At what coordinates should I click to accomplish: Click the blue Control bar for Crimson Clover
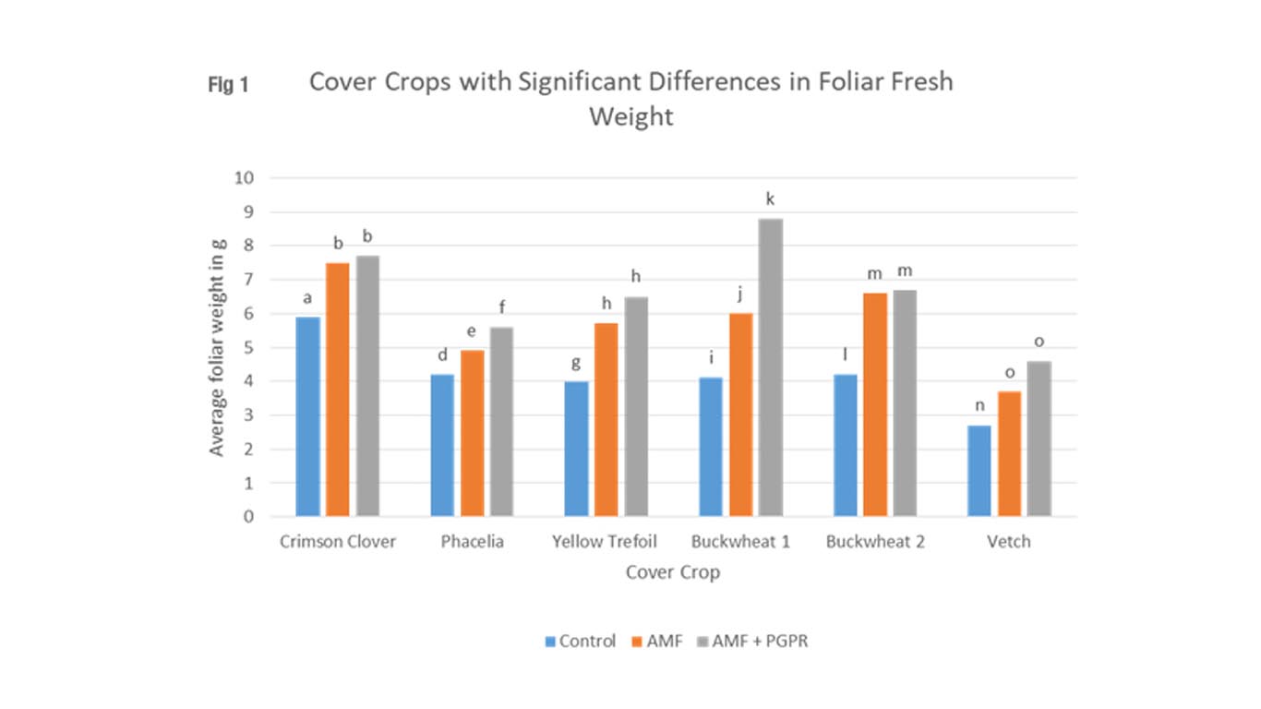click(307, 416)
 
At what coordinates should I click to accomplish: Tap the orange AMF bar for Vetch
click(1009, 453)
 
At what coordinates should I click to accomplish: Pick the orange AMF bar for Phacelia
click(472, 433)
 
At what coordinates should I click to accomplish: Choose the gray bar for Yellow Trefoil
click(636, 406)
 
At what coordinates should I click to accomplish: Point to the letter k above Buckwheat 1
click(770, 198)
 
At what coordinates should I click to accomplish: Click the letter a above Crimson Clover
click(307, 297)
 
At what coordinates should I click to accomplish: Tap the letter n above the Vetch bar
click(979, 405)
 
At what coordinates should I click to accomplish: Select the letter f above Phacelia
click(501, 306)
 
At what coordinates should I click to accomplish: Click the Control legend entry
click(580, 641)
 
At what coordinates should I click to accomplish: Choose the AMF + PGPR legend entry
click(751, 641)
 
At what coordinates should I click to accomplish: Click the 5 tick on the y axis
click(248, 348)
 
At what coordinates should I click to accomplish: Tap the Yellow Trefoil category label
click(605, 542)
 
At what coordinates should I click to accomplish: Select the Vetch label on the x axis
click(1008, 542)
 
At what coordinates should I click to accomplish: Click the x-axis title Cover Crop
click(672, 572)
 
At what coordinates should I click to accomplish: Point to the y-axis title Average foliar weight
click(218, 347)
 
